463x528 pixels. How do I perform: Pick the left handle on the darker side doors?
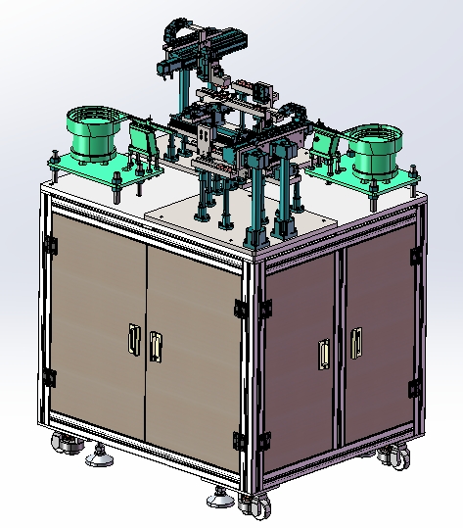[x=324, y=354]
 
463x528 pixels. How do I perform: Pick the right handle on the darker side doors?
[x=355, y=341]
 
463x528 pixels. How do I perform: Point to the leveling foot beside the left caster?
[x=97, y=456]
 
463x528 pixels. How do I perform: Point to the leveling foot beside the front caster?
[x=220, y=499]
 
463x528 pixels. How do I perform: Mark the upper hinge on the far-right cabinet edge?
[x=416, y=257]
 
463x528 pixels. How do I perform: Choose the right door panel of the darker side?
[x=377, y=338]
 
